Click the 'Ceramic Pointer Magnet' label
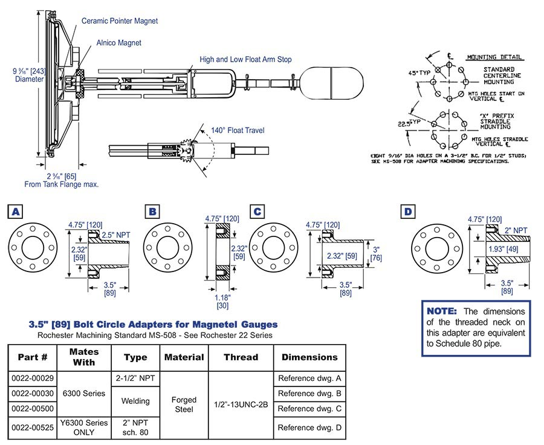click(120, 21)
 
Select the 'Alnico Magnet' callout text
click(118, 43)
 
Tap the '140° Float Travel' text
click(236, 130)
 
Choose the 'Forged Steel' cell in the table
click(184, 403)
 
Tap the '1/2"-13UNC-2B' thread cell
click(241, 403)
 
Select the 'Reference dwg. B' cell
click(309, 394)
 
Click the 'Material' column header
click(184, 357)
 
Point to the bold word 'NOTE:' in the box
click(443, 311)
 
